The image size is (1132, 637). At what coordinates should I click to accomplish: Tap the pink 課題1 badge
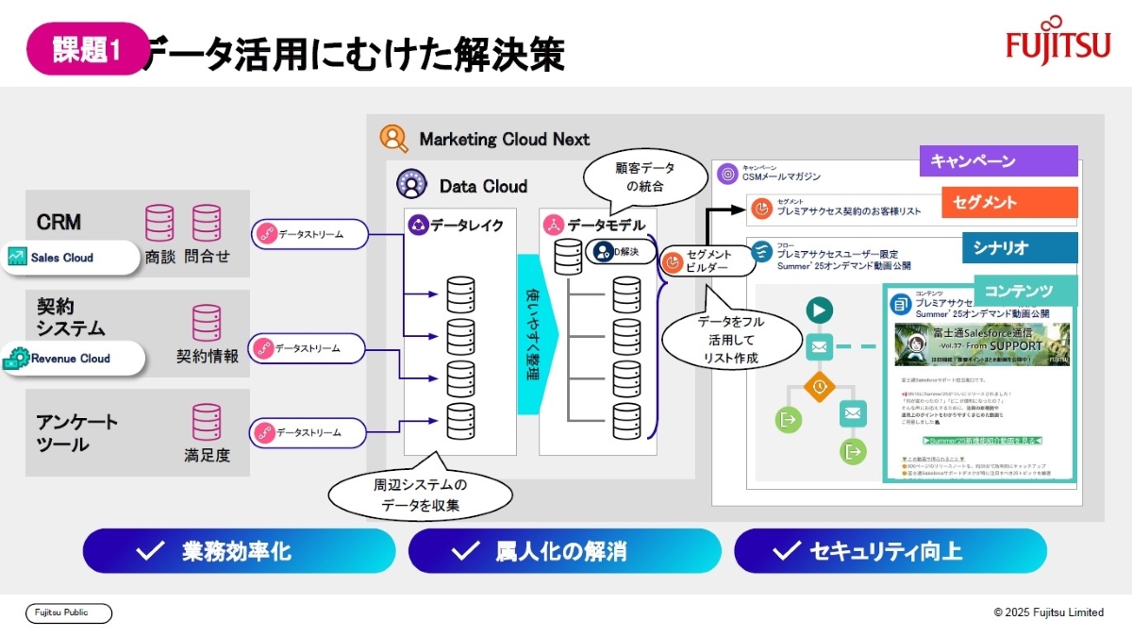click(x=87, y=49)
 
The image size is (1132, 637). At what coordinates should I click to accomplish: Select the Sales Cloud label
click(x=70, y=258)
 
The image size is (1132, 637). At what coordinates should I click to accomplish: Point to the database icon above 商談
click(x=159, y=224)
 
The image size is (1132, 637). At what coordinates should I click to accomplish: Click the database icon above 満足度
click(x=207, y=422)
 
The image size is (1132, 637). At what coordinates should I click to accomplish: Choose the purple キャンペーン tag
click(x=998, y=161)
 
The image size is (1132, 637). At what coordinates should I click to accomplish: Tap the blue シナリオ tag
click(x=1019, y=247)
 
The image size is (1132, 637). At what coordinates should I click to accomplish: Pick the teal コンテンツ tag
click(x=1025, y=290)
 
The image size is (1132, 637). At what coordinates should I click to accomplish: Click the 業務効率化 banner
click(x=239, y=551)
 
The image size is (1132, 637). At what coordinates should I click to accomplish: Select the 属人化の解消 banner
click(x=564, y=551)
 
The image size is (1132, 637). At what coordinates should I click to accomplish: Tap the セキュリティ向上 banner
click(x=890, y=551)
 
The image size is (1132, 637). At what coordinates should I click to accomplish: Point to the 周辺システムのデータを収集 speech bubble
click(x=420, y=495)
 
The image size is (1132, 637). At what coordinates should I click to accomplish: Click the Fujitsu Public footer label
click(x=69, y=613)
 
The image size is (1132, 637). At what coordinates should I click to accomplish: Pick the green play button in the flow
click(x=818, y=309)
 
